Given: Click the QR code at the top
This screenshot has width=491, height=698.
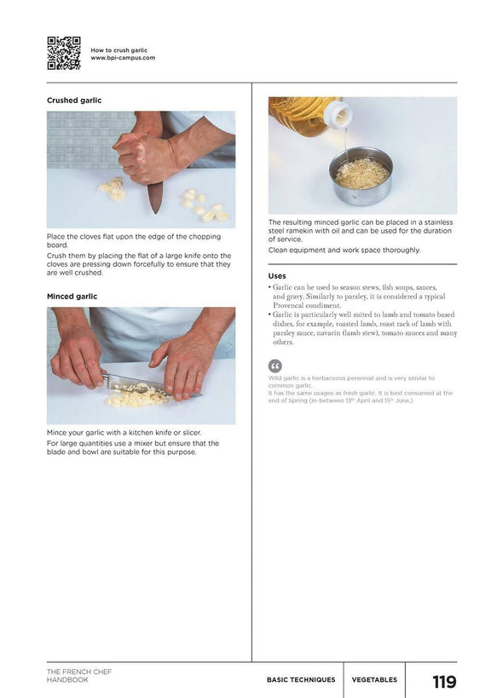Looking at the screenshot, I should (x=64, y=53).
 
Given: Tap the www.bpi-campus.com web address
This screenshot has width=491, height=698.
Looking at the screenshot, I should (x=123, y=58).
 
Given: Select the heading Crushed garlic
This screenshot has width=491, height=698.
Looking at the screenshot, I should (x=74, y=101).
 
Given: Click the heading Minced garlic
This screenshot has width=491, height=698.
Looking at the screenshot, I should (x=72, y=297).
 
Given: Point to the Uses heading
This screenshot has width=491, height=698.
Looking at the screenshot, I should (x=277, y=276).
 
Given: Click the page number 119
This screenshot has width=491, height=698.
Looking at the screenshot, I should (x=444, y=682).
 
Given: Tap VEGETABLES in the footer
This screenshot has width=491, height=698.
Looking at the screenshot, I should (x=374, y=680).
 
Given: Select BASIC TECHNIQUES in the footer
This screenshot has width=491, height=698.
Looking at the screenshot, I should (x=301, y=680).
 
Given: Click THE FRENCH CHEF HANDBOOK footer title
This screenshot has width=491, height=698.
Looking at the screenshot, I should (x=79, y=675).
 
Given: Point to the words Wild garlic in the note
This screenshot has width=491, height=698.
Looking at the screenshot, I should (x=286, y=378).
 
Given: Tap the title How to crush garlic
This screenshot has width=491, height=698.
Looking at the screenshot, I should (x=119, y=50).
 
